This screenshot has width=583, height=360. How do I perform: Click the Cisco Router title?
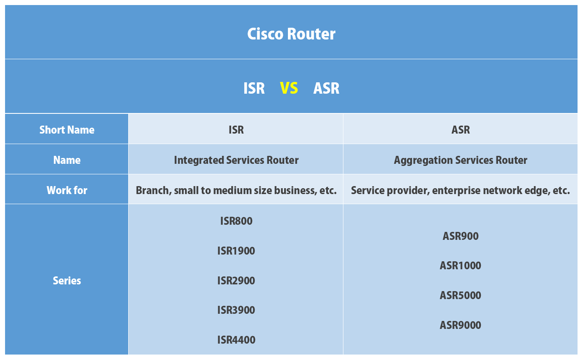(x=291, y=34)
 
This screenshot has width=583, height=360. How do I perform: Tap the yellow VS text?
(x=289, y=88)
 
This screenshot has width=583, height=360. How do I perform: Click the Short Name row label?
(x=67, y=130)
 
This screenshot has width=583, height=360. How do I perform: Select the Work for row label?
(x=67, y=190)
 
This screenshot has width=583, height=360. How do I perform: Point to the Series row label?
(x=67, y=281)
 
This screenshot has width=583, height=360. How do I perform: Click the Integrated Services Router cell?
(x=236, y=160)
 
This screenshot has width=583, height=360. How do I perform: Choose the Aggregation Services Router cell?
(x=460, y=160)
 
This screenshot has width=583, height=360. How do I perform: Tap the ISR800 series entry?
(x=236, y=221)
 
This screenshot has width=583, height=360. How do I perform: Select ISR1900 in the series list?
(x=236, y=251)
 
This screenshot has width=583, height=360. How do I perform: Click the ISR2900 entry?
(x=236, y=281)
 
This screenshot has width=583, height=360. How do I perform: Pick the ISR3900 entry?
(x=236, y=310)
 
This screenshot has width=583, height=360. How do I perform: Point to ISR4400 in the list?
(x=236, y=340)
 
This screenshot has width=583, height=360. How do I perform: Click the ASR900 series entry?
(x=460, y=236)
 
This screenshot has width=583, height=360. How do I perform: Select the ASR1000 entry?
(x=460, y=265)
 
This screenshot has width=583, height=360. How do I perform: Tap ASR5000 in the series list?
(x=460, y=295)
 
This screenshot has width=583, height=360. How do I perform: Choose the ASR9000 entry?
(x=460, y=325)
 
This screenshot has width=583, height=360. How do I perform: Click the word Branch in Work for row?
(x=152, y=190)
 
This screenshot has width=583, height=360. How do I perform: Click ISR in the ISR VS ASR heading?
(x=254, y=88)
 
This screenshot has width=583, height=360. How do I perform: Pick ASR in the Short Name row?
(x=460, y=130)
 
